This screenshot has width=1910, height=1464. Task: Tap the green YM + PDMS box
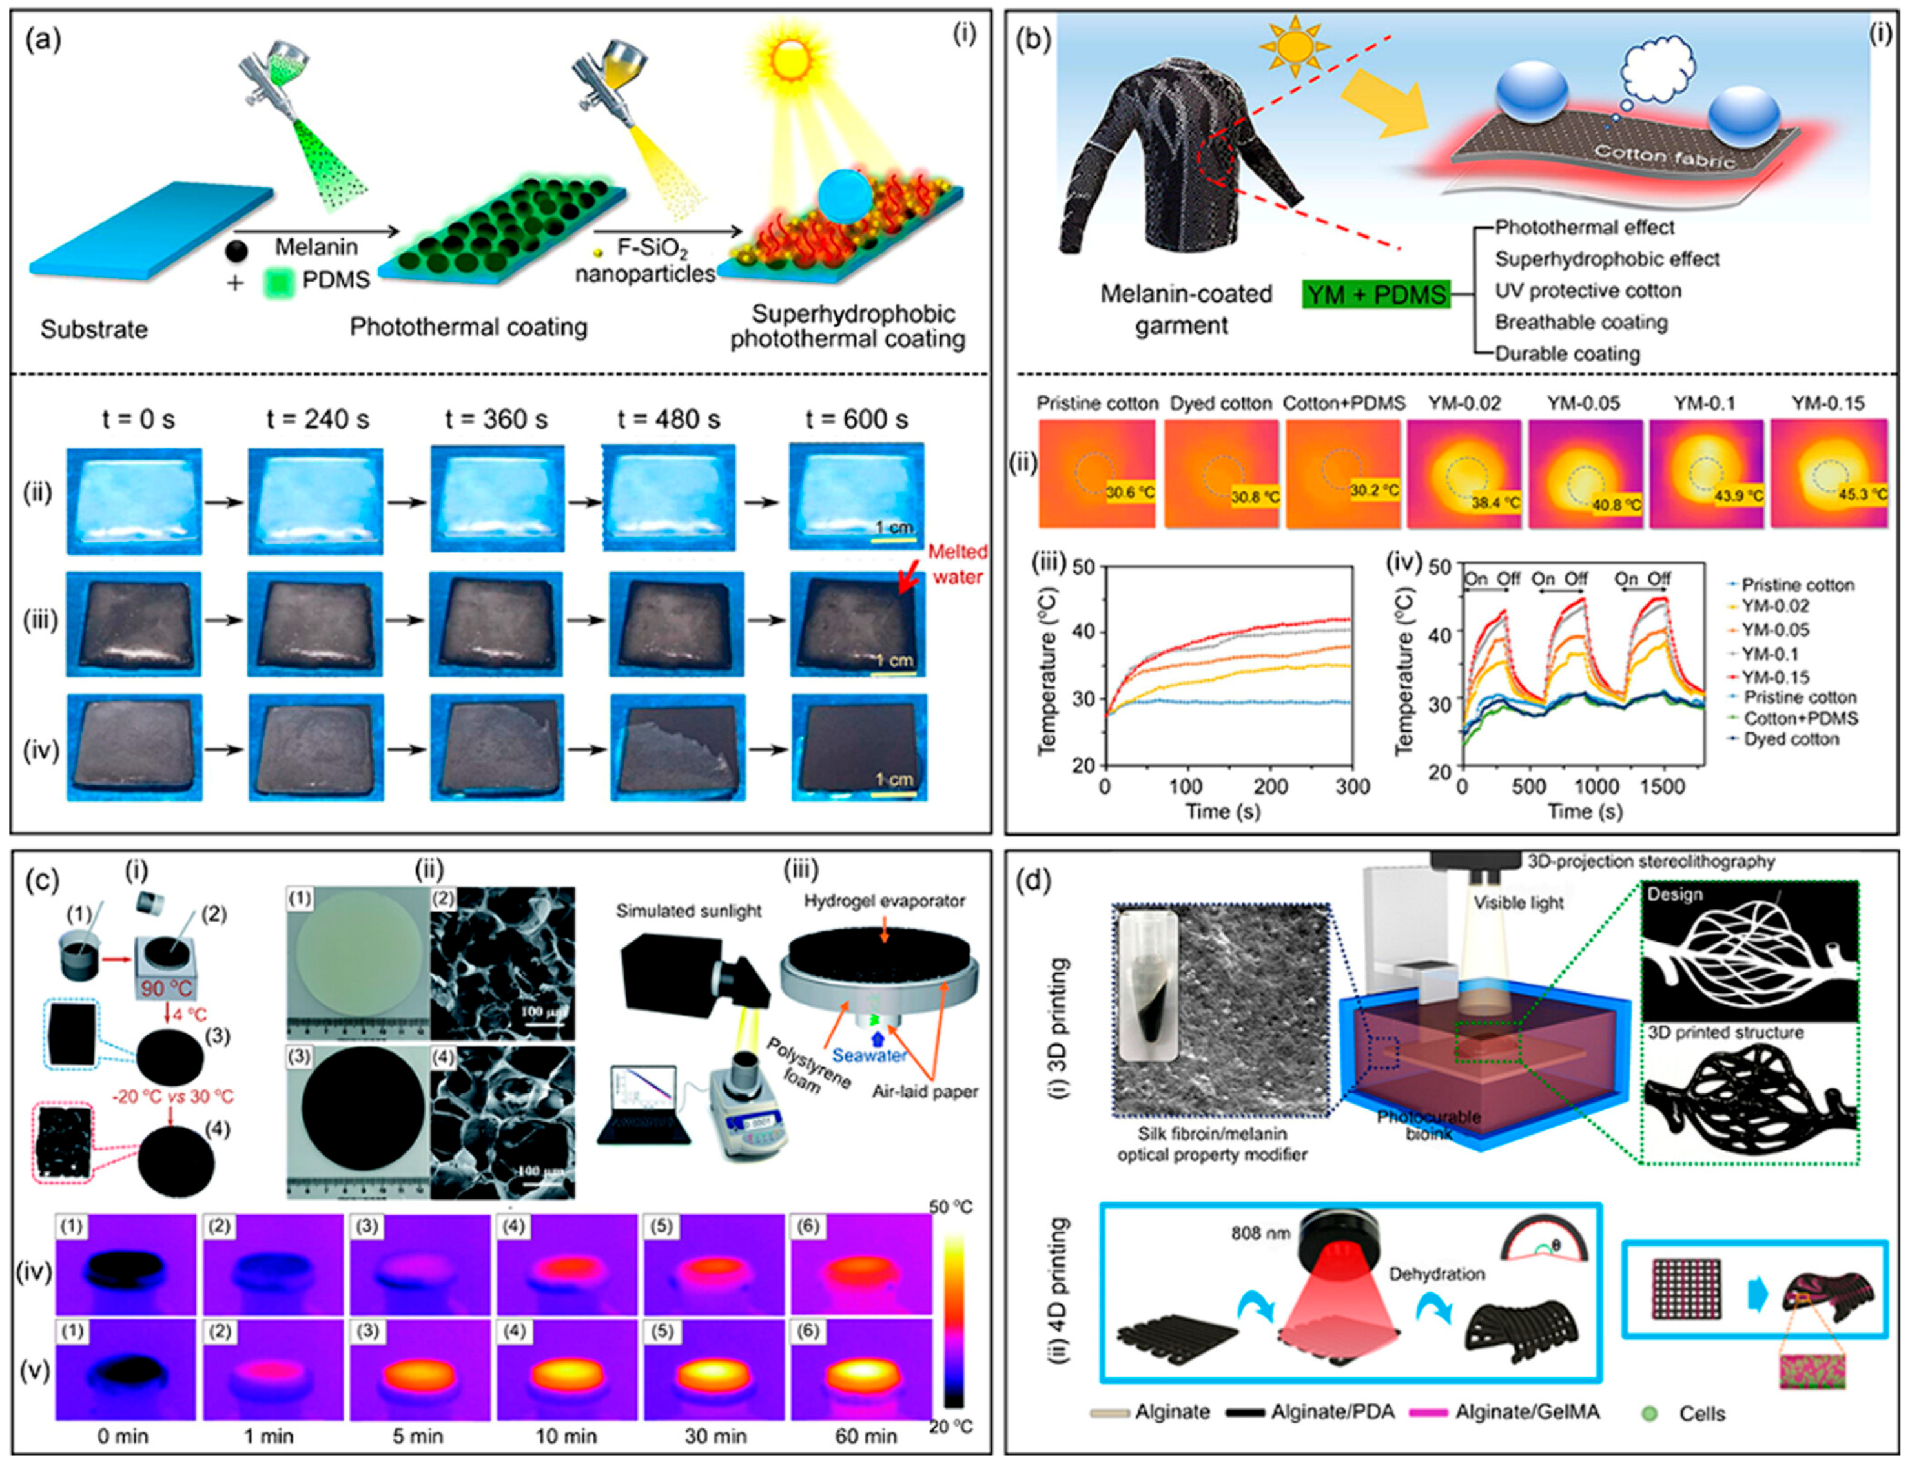tap(1376, 294)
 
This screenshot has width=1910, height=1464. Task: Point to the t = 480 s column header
tap(668, 420)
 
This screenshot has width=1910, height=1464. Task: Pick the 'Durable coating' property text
tap(1566, 354)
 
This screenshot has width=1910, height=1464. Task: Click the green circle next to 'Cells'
tap(1648, 1412)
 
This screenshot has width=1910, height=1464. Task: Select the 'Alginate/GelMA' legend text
tap(1526, 1412)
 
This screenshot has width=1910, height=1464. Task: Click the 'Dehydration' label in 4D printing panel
tap(1437, 1274)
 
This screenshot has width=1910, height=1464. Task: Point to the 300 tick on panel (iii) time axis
tap(1352, 787)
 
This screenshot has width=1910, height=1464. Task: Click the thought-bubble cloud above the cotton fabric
tap(1659, 68)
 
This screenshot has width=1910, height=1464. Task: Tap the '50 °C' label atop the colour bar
tap(950, 1207)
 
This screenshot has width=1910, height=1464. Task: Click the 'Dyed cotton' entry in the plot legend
tap(1791, 739)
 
